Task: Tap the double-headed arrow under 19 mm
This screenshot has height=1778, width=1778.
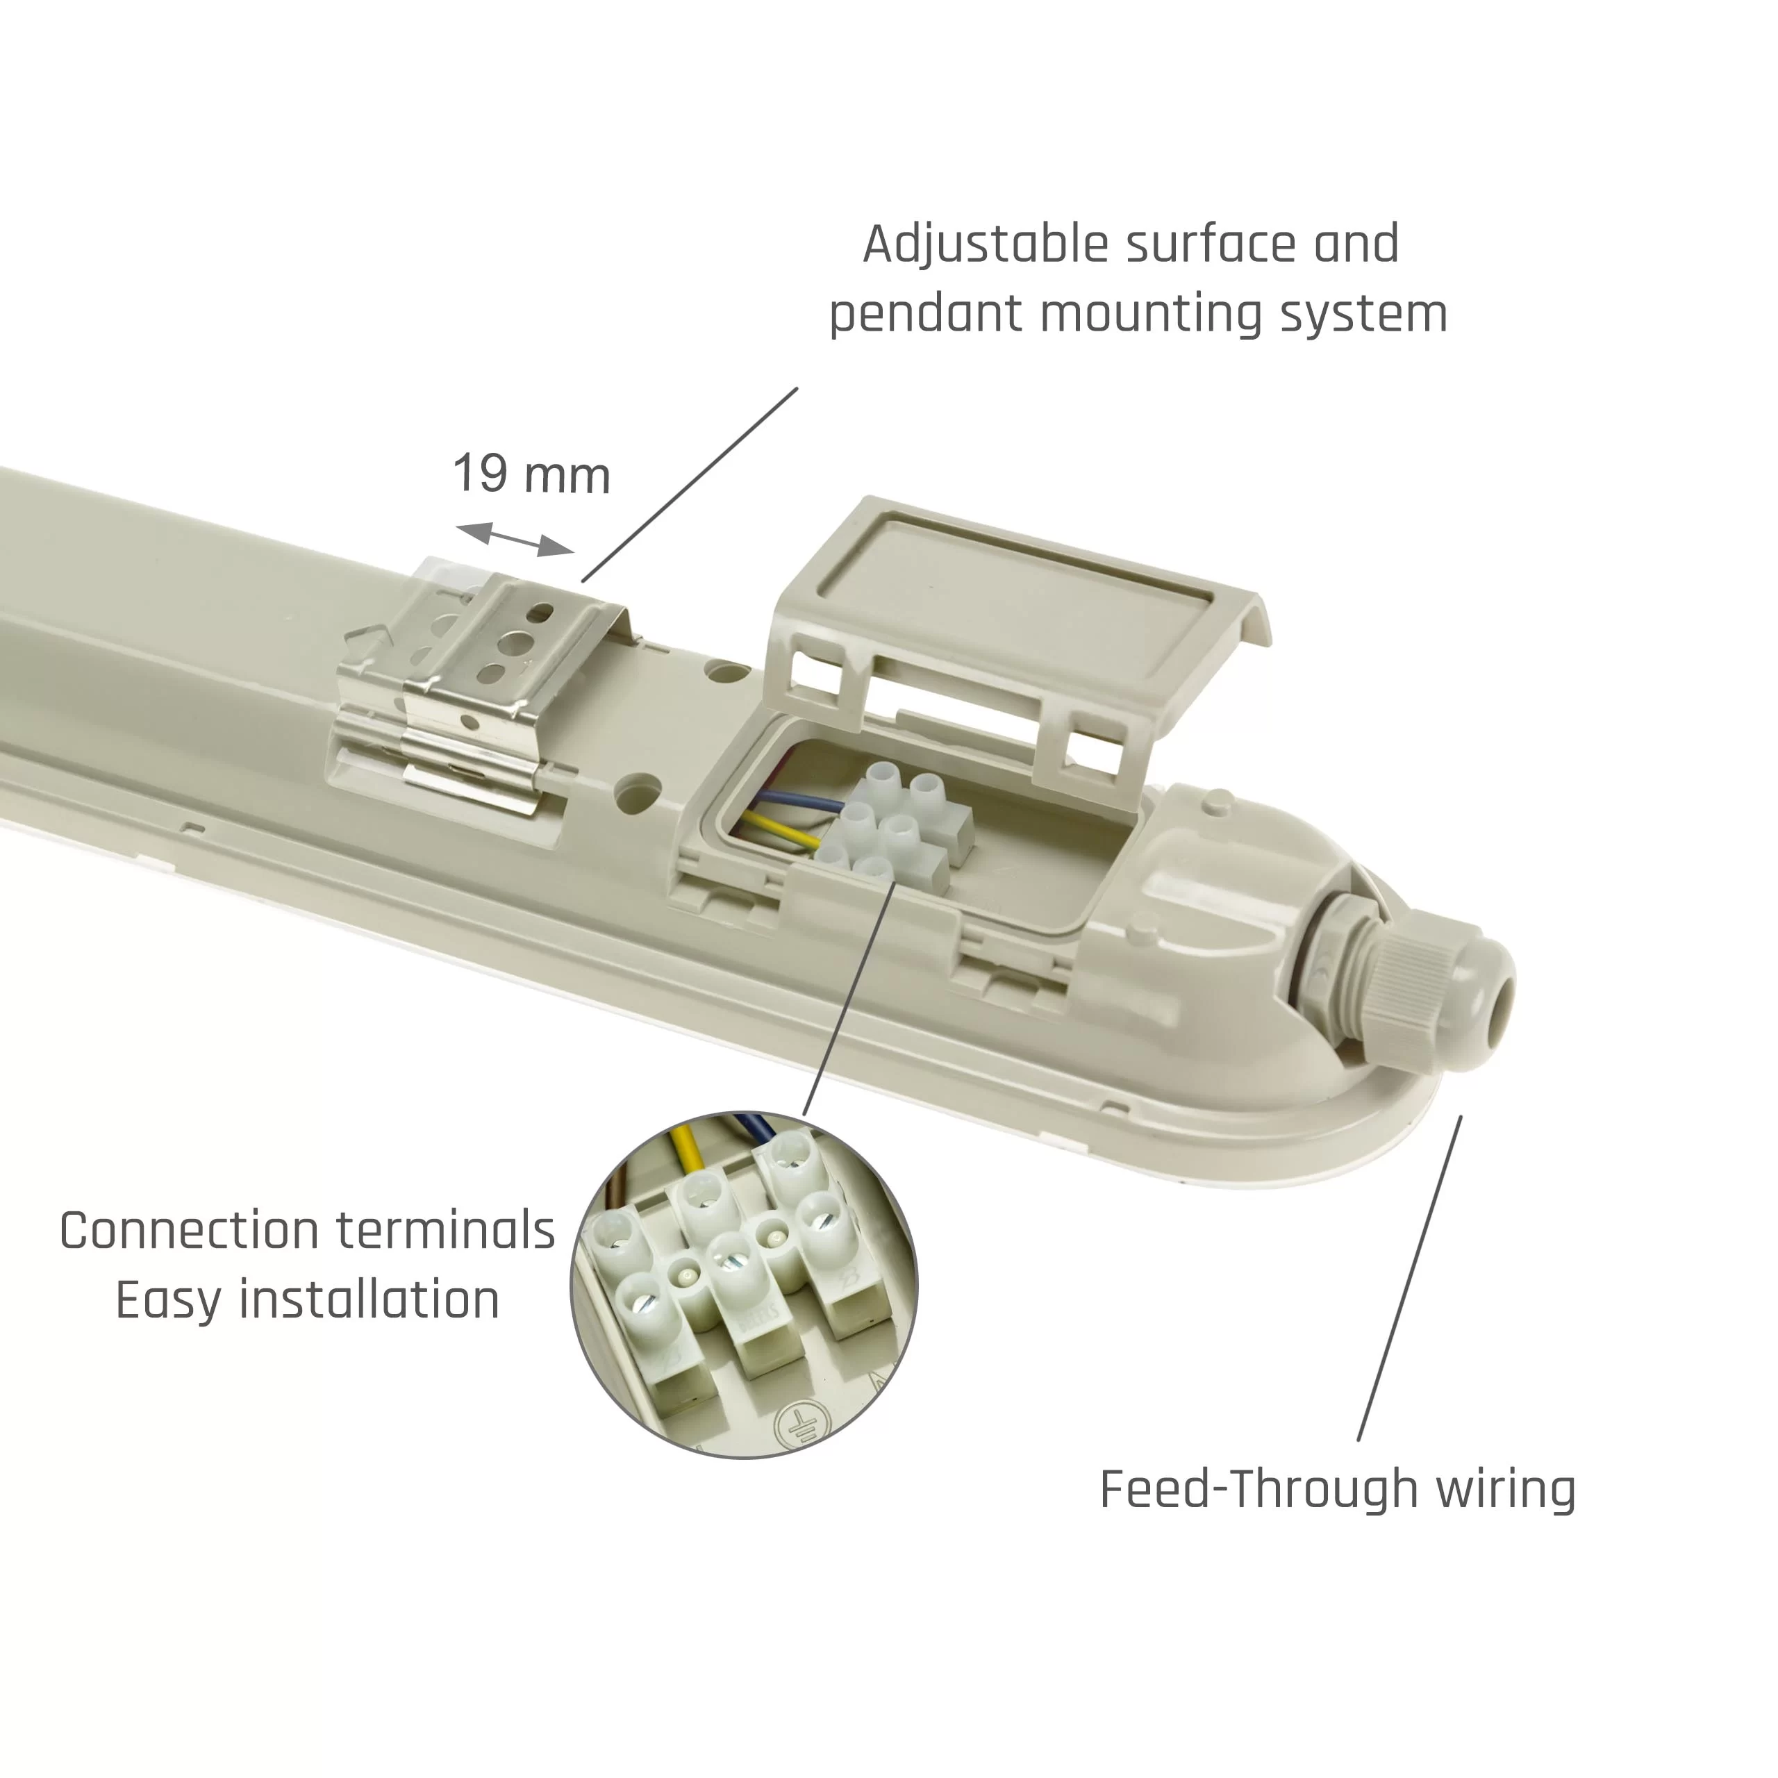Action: pos(515,539)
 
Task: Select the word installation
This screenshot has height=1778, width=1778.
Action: pos(369,1300)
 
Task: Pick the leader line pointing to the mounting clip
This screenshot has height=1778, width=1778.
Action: pos(689,484)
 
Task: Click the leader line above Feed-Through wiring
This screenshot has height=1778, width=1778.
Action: pos(1409,1277)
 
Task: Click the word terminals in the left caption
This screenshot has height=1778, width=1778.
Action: pos(445,1231)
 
